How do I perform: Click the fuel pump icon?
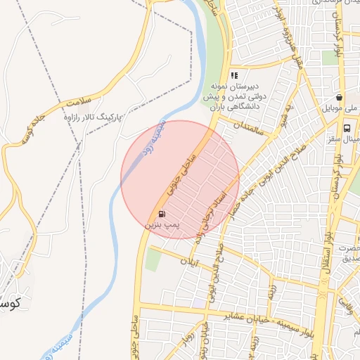(162, 214)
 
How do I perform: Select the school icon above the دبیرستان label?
(235, 75)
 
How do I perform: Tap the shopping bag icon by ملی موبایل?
(340, 98)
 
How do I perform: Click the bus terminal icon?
(347, 128)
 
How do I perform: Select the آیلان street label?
(189, 263)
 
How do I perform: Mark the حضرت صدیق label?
(347, 252)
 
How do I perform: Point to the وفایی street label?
(345, 306)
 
